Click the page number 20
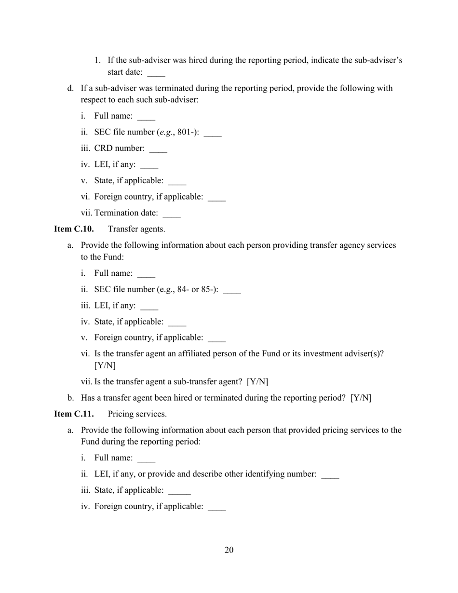pos(229,550)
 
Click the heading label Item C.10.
pos(73,229)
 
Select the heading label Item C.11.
pos(73,414)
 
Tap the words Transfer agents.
pos(136,229)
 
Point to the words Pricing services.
pos(137,414)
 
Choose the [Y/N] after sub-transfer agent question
pos(257,382)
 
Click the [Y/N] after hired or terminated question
pos(361,398)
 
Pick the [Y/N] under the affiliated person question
pos(105,365)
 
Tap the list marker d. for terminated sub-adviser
pos(70,88)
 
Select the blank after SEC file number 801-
pos(213,134)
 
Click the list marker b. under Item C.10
pos(70,398)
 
